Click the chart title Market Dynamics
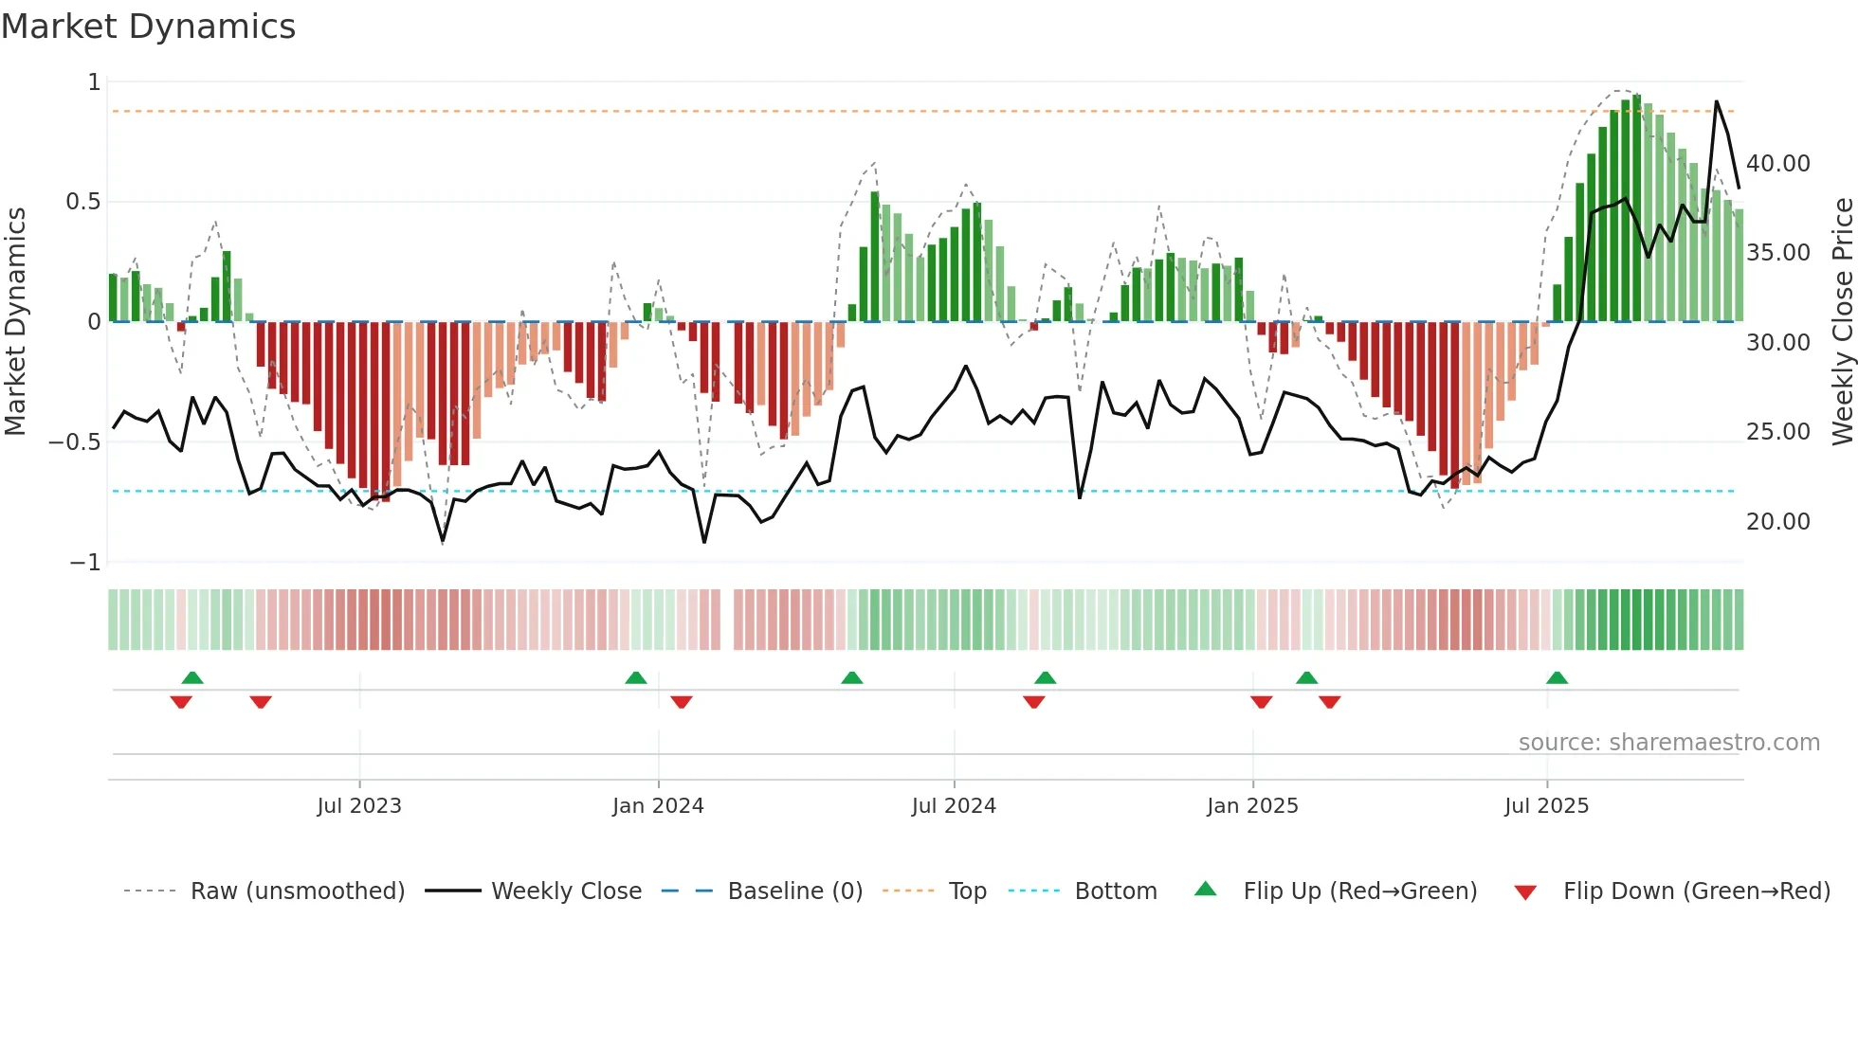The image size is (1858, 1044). point(148,27)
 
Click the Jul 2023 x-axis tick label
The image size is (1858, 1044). point(359,806)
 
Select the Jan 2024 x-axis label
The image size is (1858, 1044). point(658,806)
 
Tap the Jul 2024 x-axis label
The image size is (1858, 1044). point(954,806)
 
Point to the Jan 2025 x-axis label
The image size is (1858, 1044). point(1252,806)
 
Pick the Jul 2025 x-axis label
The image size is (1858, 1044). point(1546,806)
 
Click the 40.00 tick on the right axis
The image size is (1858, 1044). point(1778,164)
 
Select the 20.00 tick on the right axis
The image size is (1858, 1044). point(1778,522)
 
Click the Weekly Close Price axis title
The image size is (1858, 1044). point(1842,322)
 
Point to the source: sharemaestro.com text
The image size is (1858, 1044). point(1668,743)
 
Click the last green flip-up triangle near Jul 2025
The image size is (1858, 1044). point(1557,678)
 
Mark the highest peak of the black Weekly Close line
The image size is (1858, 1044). point(1716,101)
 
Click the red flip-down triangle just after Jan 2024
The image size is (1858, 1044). point(682,702)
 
